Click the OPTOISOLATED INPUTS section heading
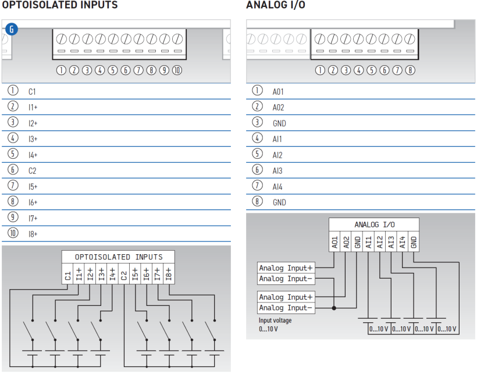pyautogui.click(x=59, y=5)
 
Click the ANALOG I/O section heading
pyautogui.click(x=276, y=5)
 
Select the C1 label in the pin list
pyautogui.click(x=32, y=92)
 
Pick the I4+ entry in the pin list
pyautogui.click(x=33, y=155)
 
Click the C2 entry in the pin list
pyautogui.click(x=32, y=171)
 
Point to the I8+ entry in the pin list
pyautogui.click(x=33, y=234)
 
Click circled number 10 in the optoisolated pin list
pyautogui.click(x=13, y=233)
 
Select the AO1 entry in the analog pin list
pyautogui.click(x=278, y=92)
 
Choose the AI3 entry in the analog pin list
pyautogui.click(x=277, y=171)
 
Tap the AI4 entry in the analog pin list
pyautogui.click(x=277, y=187)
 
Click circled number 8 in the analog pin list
pyautogui.click(x=257, y=202)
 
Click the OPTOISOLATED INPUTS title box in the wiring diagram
pyautogui.click(x=119, y=257)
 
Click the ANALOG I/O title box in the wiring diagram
pyautogui.click(x=373, y=224)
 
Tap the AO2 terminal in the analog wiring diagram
pyautogui.click(x=346, y=241)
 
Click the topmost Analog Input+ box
pyautogui.click(x=286, y=268)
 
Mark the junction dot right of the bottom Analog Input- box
pyautogui.click(x=334, y=308)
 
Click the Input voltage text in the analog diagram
pyautogui.click(x=275, y=320)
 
